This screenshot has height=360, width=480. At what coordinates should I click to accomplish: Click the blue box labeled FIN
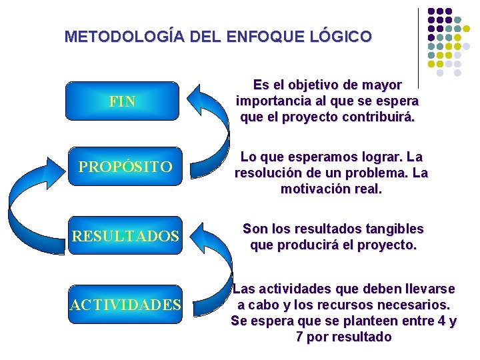(123, 102)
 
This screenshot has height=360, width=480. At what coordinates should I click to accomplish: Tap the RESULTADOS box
(125, 237)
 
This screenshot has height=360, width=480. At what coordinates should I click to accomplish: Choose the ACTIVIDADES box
(125, 305)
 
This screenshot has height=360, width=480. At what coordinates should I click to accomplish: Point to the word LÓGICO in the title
(343, 37)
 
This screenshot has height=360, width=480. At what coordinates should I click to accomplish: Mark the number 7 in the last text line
(299, 337)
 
